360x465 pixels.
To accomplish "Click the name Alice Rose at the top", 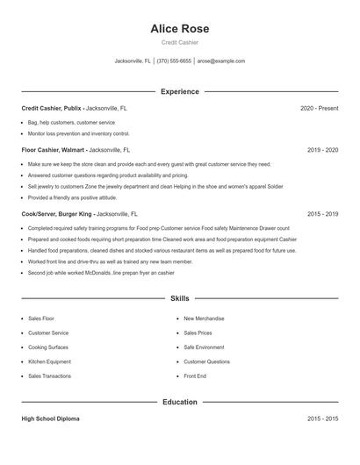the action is (x=179, y=29).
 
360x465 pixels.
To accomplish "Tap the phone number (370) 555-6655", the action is (x=174, y=61).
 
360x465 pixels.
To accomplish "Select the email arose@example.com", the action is (x=220, y=61).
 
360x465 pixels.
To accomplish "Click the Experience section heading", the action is (x=179, y=91).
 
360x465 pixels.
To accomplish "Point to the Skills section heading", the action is (x=179, y=298).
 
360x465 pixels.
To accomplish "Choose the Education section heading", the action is (x=179, y=402).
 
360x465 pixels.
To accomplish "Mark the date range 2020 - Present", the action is (x=319, y=108).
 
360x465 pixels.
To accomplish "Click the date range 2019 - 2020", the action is (x=322, y=150).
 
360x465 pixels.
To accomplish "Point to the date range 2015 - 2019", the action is (x=322, y=213).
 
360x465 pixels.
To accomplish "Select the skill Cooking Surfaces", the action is (x=49, y=347).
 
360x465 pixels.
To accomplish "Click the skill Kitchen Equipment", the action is (x=49, y=361).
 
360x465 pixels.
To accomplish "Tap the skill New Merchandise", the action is (x=204, y=318).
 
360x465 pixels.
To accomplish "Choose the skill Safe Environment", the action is (x=204, y=347).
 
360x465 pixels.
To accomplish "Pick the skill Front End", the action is (x=195, y=376).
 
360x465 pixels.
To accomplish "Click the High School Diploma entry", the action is (x=50, y=418).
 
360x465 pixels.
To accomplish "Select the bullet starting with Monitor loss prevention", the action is (x=78, y=134).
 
